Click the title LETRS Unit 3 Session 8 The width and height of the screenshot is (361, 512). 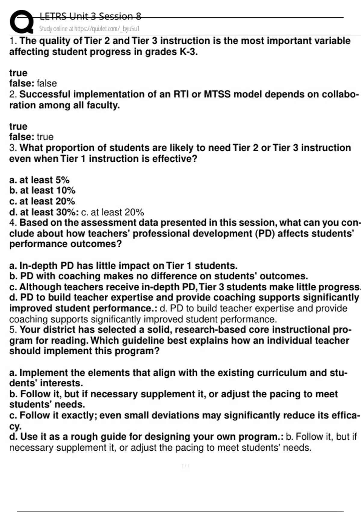[x=90, y=16]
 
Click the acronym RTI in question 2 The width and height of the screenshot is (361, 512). [x=181, y=94]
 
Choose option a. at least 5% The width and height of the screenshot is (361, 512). [x=39, y=180]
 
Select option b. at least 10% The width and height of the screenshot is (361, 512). [x=42, y=191]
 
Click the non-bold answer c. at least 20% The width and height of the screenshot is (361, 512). [x=113, y=212]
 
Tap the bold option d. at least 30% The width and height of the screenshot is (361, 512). [x=44, y=212]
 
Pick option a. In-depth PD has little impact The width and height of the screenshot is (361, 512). [x=123, y=266]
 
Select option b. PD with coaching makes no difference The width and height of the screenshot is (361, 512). [x=159, y=276]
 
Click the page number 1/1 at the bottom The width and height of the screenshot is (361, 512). [x=186, y=466]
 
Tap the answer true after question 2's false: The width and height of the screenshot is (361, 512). [x=45, y=137]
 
